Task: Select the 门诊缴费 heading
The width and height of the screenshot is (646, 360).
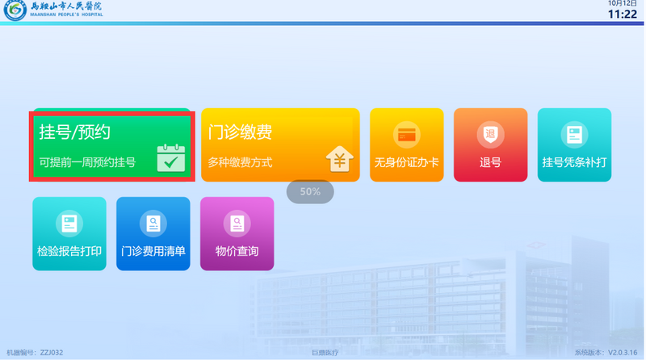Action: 240,132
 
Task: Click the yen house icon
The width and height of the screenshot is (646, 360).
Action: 340,159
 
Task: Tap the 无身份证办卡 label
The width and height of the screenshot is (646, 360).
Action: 406,162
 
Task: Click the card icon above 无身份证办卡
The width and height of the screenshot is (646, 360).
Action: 406,134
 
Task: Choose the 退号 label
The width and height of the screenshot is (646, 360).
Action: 490,162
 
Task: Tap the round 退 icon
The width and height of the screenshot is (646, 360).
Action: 490,134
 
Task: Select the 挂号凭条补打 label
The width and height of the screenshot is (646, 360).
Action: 574,162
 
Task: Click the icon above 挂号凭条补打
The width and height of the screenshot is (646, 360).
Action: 574,134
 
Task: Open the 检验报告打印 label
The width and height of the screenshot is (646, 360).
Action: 69,251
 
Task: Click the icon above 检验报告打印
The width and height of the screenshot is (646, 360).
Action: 69,222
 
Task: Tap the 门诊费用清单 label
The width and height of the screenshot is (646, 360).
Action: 153,251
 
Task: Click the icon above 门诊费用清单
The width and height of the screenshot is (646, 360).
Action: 153,222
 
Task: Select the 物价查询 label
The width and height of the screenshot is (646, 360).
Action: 237,251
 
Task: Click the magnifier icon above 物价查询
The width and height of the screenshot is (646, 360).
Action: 237,222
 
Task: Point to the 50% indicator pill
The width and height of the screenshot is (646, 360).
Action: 311,192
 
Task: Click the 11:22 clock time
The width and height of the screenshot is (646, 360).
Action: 622,14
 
